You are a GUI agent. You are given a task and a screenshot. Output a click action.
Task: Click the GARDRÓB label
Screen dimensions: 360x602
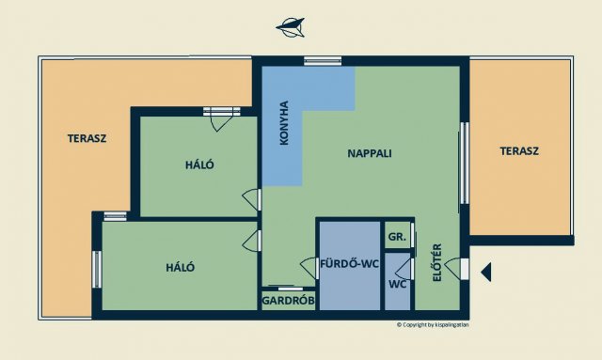(288, 302)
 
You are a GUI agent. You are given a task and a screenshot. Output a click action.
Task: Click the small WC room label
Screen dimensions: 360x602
(397, 283)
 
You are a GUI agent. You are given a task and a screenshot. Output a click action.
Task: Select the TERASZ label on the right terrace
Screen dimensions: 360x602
(520, 150)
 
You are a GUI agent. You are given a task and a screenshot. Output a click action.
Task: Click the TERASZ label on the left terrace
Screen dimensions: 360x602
(87, 138)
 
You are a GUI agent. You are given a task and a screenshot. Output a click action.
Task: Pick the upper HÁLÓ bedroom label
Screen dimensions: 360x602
(199, 164)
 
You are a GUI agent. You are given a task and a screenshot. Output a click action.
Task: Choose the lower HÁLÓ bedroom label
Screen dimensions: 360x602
(181, 267)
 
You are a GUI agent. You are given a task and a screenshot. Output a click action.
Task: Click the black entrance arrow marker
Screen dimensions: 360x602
(486, 272)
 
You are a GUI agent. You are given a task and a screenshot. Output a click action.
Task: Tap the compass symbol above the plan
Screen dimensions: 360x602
(291, 27)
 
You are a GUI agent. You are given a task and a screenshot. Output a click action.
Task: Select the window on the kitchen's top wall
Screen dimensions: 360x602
(323, 62)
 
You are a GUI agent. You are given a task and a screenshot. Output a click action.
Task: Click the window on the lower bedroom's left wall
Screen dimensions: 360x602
(97, 269)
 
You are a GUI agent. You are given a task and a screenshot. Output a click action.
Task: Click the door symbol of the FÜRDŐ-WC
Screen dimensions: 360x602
(308, 268)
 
